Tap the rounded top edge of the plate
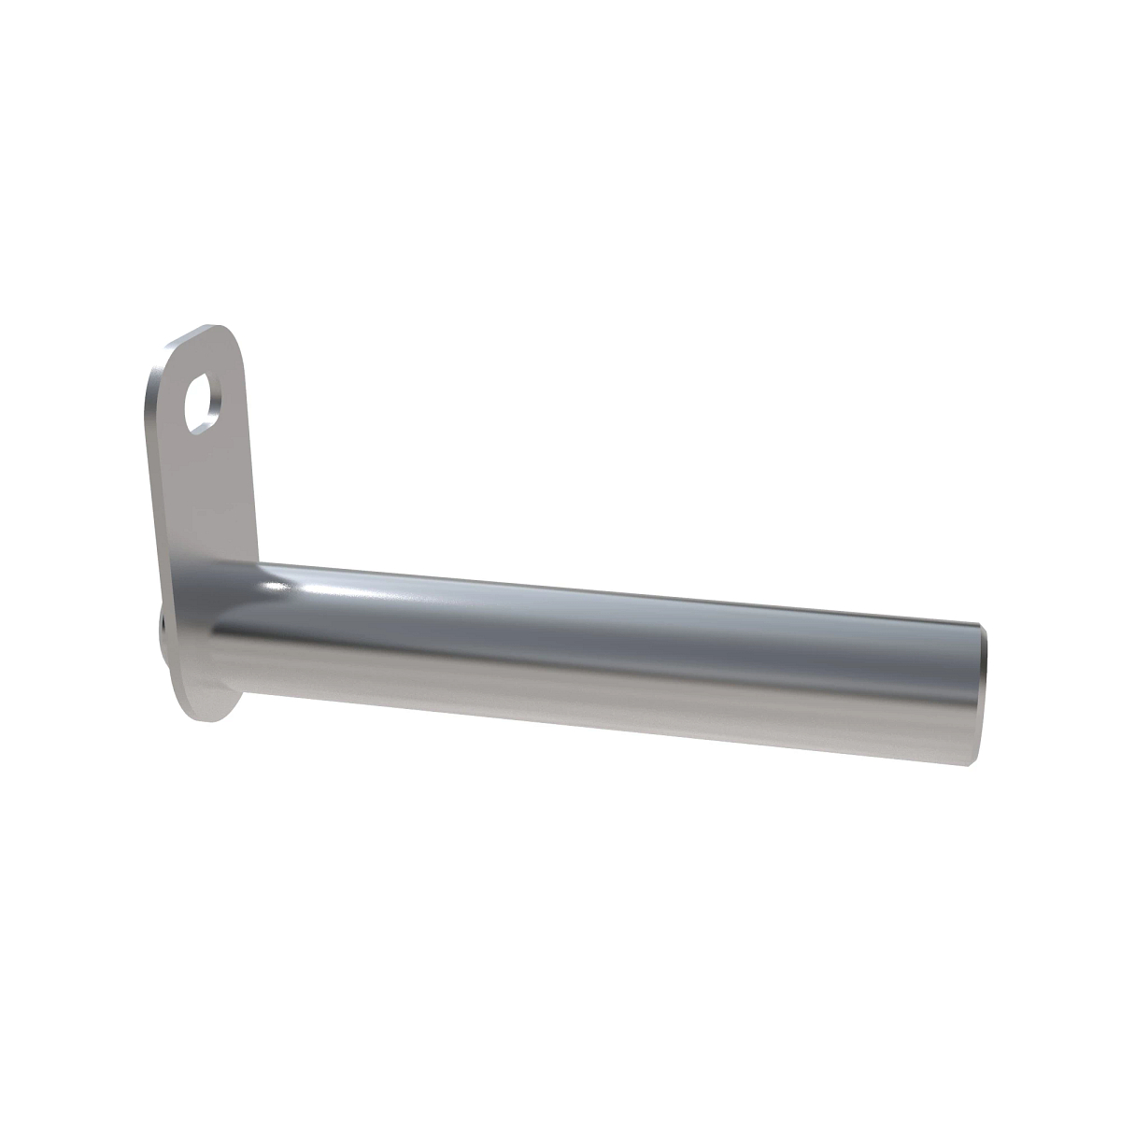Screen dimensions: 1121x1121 210,329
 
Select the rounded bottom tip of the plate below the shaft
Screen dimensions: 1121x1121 211,714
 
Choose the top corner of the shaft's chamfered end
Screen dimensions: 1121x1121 978,623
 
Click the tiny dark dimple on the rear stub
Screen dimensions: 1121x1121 162,620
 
